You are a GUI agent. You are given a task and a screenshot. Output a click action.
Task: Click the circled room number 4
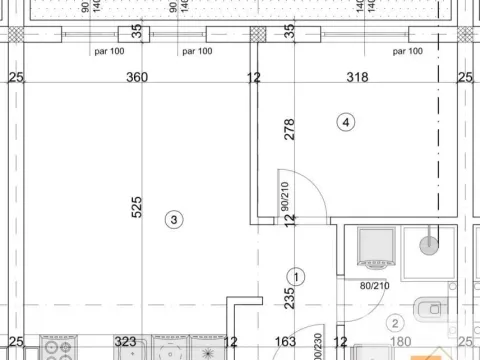(x=346, y=123)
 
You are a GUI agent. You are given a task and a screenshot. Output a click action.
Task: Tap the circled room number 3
(x=174, y=219)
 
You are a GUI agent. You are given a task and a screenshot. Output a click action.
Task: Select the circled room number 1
(x=296, y=276)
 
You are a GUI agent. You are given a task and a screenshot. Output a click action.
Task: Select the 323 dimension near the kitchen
(x=125, y=343)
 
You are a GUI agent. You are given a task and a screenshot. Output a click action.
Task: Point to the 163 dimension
(x=284, y=343)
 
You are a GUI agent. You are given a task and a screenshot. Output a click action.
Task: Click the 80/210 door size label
(x=375, y=287)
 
